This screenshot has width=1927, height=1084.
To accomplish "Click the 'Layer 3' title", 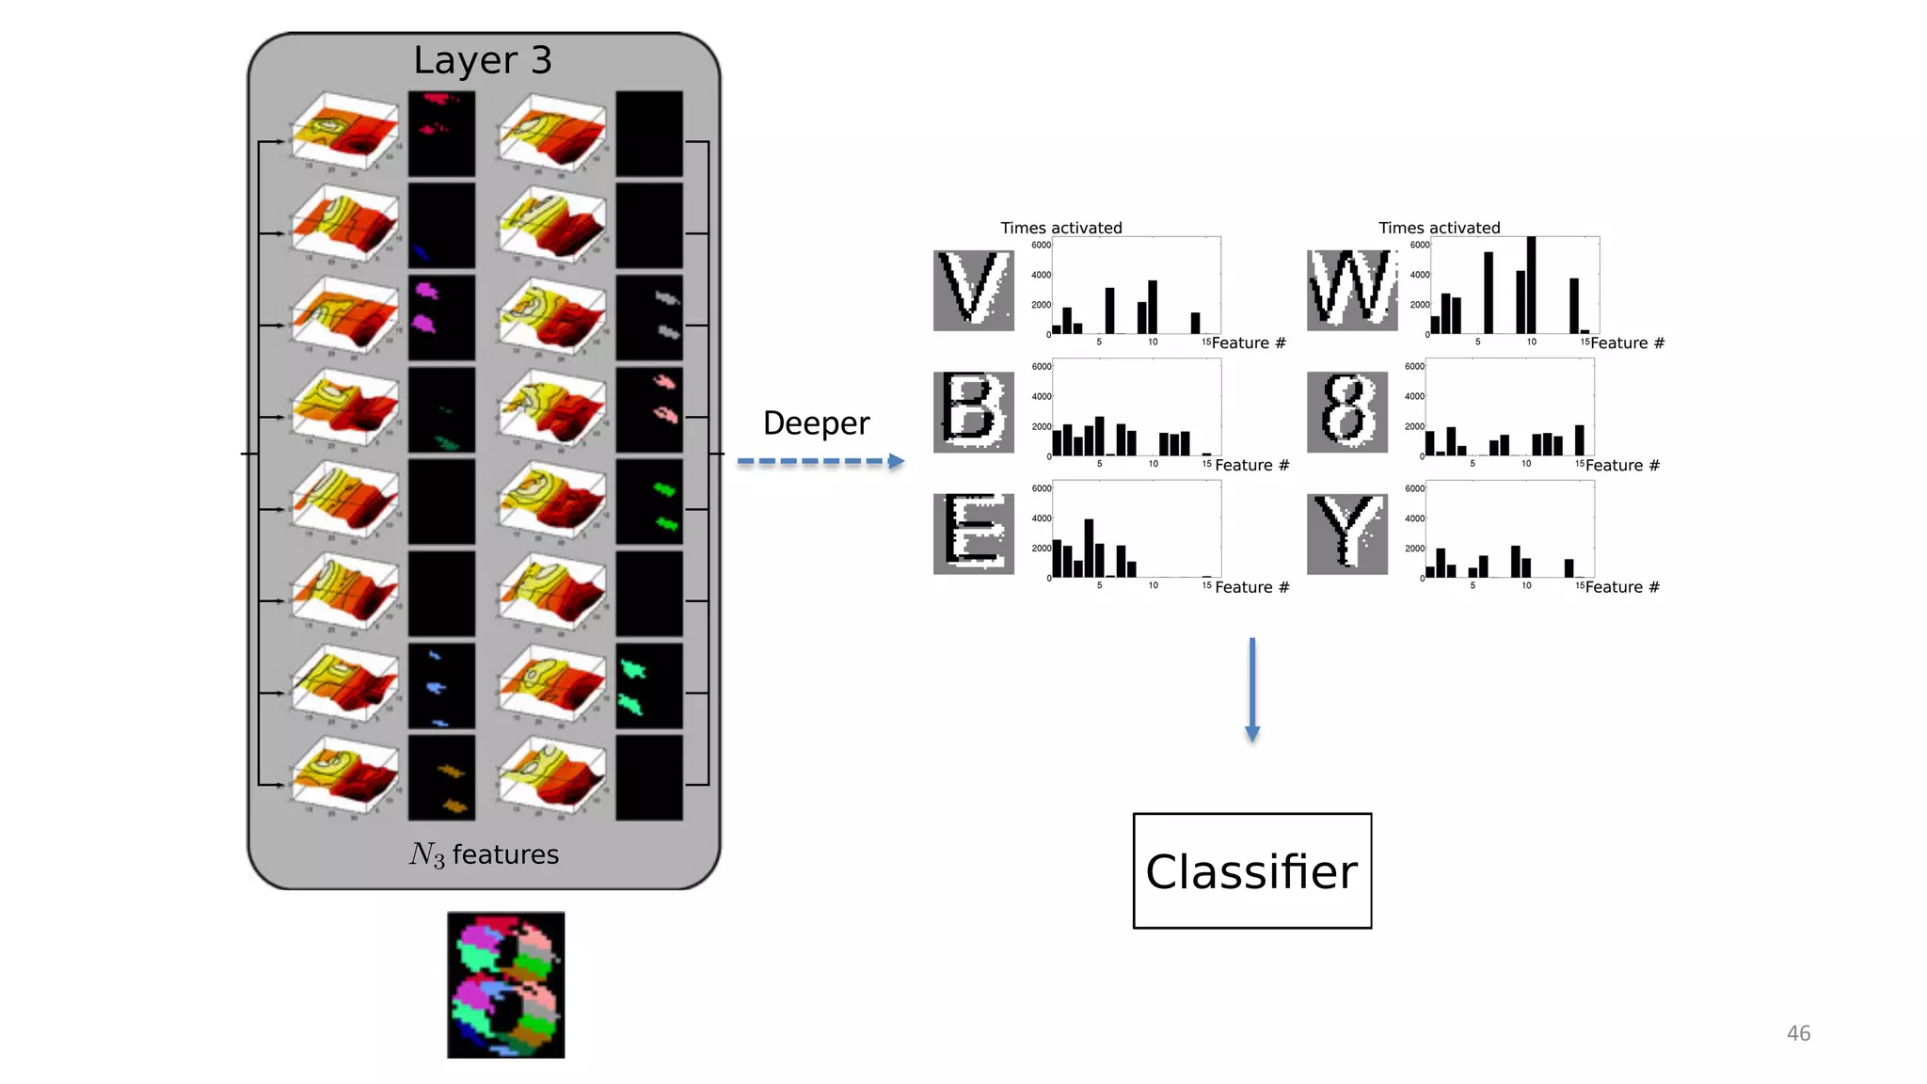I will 483,61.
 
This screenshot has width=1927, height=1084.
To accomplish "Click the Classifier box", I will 1251,870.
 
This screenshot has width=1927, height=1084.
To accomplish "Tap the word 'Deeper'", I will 816,423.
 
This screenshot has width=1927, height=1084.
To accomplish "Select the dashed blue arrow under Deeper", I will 820,461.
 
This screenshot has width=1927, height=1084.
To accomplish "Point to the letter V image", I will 973,290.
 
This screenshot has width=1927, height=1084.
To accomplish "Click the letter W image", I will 1352,290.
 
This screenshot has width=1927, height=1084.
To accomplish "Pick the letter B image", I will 973,411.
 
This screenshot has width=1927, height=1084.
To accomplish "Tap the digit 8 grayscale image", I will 1346,411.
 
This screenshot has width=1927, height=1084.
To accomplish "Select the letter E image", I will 973,534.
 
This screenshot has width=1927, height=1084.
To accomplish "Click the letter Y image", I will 1346,534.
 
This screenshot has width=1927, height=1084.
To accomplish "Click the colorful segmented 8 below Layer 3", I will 505,984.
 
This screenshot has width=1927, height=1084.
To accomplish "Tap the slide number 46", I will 1798,1033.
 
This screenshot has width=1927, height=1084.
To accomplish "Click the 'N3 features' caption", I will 484,854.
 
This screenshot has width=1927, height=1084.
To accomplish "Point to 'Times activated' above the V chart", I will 1060,228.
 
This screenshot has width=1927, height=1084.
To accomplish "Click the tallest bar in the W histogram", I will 1531,286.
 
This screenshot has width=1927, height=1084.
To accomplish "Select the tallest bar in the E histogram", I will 1089,548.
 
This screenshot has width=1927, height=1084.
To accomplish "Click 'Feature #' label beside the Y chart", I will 1622,587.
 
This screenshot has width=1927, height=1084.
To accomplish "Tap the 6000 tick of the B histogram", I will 1041,367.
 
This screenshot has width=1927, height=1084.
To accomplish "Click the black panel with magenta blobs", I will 441,317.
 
